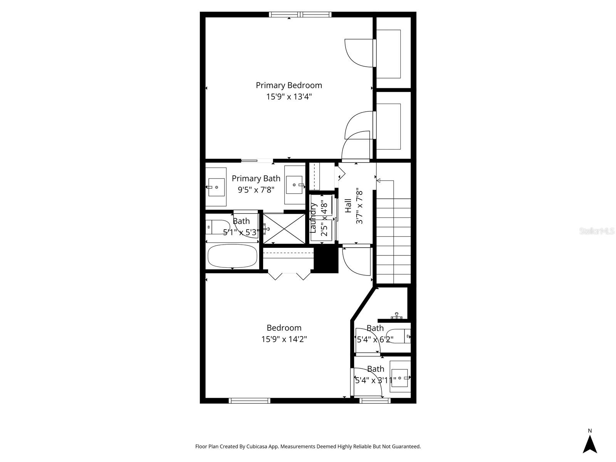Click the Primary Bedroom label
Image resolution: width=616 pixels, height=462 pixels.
tap(289, 85)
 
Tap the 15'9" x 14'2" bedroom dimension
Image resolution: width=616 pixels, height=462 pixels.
tap(284, 339)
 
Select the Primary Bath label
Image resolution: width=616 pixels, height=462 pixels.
tap(256, 178)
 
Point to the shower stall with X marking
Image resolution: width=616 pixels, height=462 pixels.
tap(284, 228)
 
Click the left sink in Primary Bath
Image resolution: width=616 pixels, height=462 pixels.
tap(216, 187)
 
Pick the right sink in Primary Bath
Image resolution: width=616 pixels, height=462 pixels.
tap(295, 185)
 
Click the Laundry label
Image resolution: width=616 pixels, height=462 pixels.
tap(313, 218)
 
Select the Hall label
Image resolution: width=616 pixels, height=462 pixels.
tap(348, 206)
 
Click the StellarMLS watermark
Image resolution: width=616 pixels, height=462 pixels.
tap(597, 231)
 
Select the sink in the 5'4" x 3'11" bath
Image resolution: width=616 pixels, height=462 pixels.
tap(400, 377)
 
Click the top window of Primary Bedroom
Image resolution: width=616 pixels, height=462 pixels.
tap(300, 15)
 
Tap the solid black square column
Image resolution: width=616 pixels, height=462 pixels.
tap(326, 259)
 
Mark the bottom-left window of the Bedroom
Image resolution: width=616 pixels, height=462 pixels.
tap(249, 401)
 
